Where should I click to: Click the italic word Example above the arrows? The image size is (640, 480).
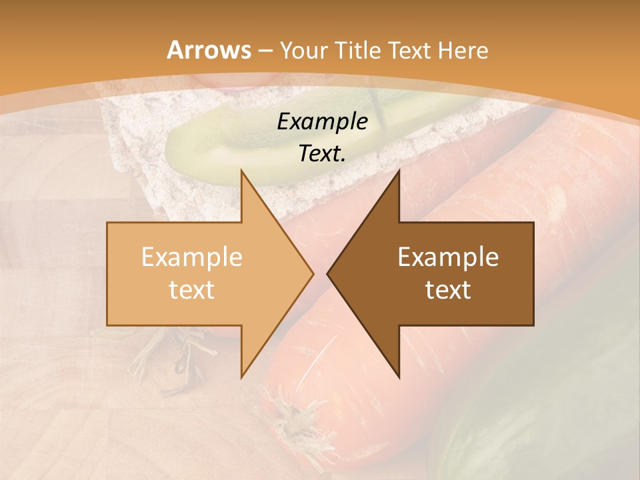tap(323, 122)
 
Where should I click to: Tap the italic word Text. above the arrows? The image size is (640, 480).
tap(323, 154)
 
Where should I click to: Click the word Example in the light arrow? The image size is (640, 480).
tap(192, 257)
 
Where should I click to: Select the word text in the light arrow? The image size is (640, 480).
tap(192, 290)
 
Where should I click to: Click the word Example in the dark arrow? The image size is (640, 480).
tap(448, 257)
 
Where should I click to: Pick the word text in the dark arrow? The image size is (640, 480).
tap(448, 290)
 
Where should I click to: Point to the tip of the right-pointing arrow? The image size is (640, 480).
tap(313, 273)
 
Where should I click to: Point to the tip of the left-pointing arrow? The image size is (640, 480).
tap(327, 273)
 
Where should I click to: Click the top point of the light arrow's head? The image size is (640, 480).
tap(241, 171)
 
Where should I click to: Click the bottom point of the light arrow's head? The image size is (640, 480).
tap(241, 377)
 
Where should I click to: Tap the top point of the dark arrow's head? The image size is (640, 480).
tap(399, 171)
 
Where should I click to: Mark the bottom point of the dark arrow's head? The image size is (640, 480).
tap(399, 377)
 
